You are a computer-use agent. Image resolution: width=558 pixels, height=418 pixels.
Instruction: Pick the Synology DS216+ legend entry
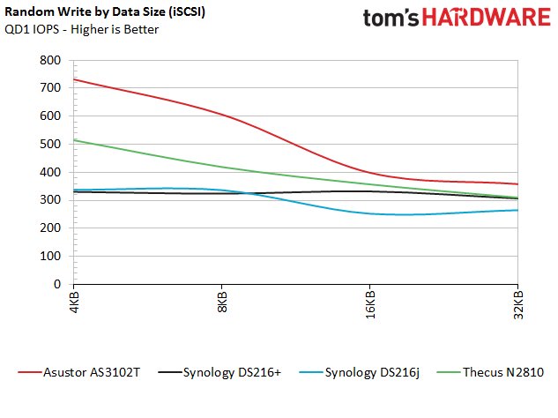point(225,372)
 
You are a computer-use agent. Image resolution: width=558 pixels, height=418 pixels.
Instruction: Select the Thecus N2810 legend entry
point(496,372)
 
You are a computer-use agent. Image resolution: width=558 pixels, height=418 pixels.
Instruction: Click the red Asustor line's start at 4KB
point(74,79)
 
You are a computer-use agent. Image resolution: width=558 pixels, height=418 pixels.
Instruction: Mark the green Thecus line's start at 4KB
point(74,140)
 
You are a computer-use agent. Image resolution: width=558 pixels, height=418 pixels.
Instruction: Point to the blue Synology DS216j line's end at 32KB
point(517,210)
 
